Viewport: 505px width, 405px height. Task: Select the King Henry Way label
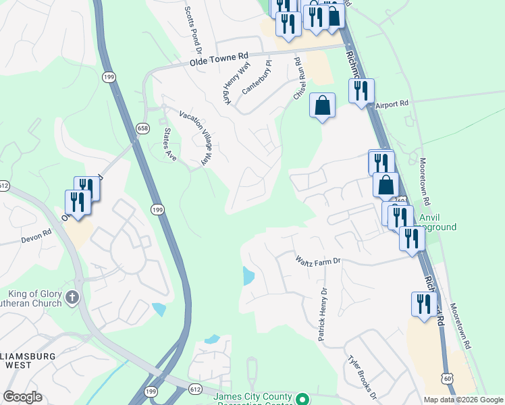[233, 84]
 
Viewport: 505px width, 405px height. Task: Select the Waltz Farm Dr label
[319, 261]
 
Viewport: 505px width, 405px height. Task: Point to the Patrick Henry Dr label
[323, 315]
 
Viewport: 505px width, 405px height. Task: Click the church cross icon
[73, 296]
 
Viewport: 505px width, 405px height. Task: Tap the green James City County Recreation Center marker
[302, 398]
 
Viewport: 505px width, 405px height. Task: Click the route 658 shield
[142, 128]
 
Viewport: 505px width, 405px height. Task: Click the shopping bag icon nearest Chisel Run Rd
[323, 105]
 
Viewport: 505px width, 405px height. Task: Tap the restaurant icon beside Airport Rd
[361, 90]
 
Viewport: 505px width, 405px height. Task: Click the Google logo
[23, 397]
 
